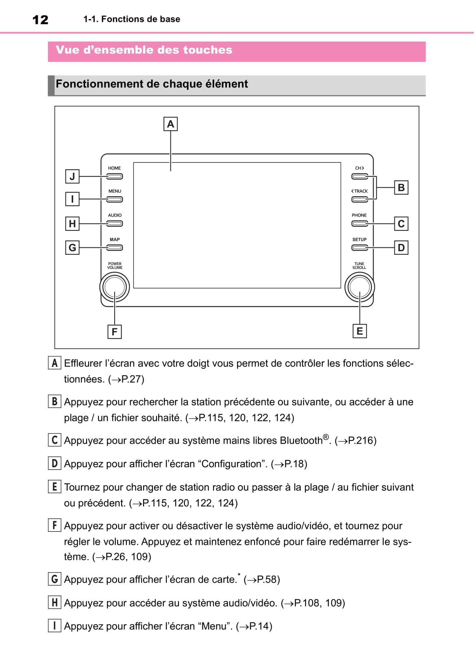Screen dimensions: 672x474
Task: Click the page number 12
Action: [40, 20]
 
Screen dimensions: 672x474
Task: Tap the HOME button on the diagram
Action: [115, 176]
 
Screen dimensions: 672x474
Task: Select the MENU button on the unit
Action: [115, 199]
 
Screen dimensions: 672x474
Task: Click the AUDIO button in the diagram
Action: [115, 223]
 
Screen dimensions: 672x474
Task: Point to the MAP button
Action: [115, 247]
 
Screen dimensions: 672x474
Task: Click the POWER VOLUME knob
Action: [115, 287]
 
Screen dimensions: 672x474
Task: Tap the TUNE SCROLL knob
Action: [359, 287]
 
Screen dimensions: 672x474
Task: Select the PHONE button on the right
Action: [360, 223]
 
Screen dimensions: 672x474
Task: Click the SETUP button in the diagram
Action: [360, 247]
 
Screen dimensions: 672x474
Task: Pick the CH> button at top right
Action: [360, 176]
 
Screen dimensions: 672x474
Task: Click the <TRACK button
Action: [360, 199]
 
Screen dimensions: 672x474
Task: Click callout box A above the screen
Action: [170, 124]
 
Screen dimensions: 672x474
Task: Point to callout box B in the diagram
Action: [401, 188]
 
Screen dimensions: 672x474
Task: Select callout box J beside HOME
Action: [72, 177]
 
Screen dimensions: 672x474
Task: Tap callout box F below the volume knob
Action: [115, 332]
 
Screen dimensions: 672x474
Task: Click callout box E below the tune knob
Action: [360, 331]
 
